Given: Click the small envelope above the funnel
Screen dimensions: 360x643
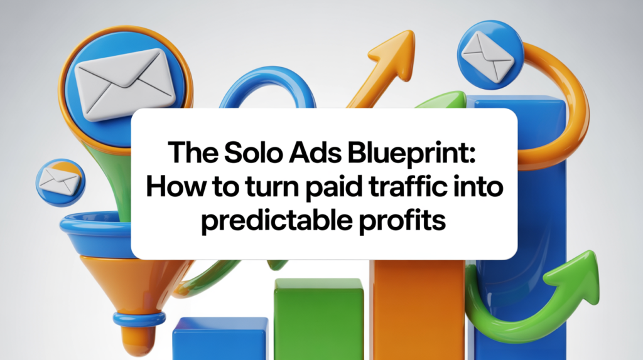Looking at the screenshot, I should tap(60, 180).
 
